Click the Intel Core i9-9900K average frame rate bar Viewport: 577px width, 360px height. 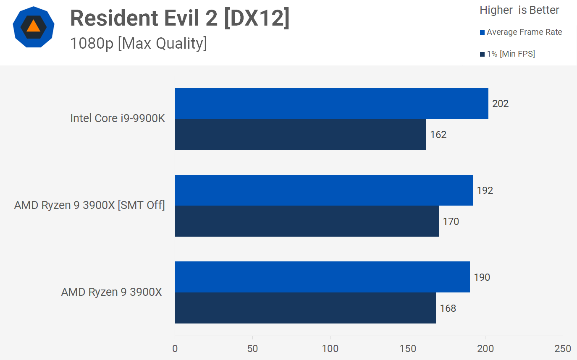click(x=331, y=104)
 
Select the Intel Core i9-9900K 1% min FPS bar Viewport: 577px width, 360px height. click(x=300, y=135)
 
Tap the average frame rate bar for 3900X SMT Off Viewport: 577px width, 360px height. click(x=324, y=190)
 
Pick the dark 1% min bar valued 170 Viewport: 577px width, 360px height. click(x=307, y=221)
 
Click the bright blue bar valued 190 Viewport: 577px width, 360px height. click(x=322, y=277)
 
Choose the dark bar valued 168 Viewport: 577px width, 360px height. click(x=305, y=308)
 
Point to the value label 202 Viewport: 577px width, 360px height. click(x=500, y=104)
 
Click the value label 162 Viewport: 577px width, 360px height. click(x=438, y=135)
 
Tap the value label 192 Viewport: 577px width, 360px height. click(x=485, y=190)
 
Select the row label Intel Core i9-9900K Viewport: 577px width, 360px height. click(x=118, y=118)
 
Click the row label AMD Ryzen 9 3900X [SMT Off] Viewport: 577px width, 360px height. click(x=89, y=205)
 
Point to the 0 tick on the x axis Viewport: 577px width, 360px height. click(x=175, y=349)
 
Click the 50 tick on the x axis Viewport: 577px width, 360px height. click(x=252, y=349)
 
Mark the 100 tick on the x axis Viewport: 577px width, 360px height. click(x=330, y=349)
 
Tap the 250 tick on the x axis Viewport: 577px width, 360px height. click(x=563, y=349)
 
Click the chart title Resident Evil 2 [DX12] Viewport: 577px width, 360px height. click(x=180, y=18)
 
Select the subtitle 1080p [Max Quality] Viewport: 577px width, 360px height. click(x=138, y=43)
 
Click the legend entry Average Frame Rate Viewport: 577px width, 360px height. click(x=524, y=32)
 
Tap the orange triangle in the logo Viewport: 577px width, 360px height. click(x=33, y=26)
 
